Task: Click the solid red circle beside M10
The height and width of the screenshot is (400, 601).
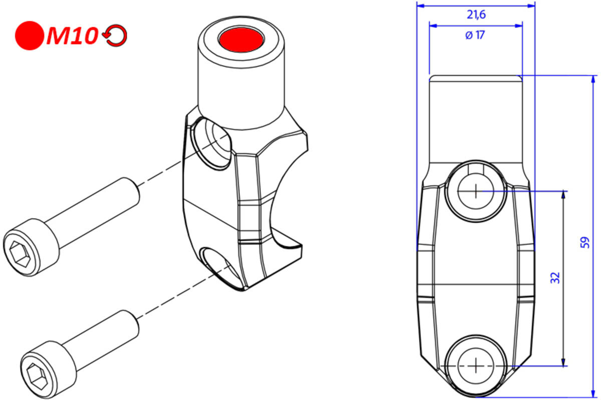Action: (30, 35)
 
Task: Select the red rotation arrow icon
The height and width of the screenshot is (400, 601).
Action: (115, 36)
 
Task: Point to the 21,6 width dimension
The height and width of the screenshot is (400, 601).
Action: (476, 14)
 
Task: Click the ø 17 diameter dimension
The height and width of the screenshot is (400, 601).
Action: (475, 35)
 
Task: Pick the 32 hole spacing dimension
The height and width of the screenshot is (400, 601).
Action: (555, 278)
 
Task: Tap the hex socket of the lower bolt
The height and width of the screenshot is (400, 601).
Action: (38, 373)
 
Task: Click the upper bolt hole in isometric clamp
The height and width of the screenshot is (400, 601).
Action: (211, 142)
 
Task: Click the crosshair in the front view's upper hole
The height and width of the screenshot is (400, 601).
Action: (475, 190)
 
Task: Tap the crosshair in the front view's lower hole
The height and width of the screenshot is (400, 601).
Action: (475, 365)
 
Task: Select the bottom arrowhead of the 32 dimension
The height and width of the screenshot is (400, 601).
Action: (564, 362)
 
